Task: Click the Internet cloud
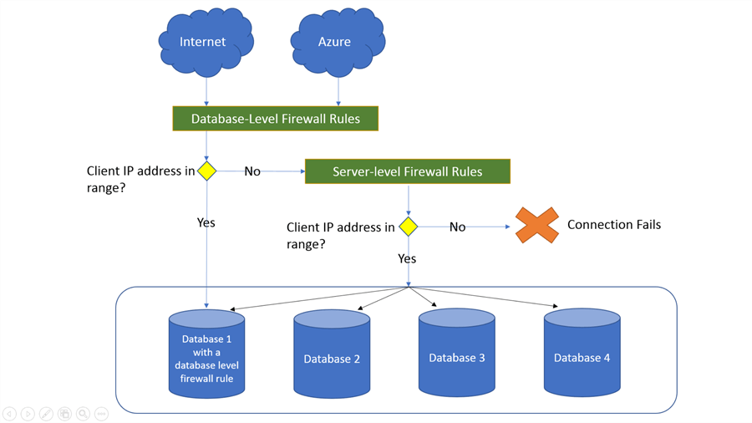point(205,42)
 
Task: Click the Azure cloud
point(336,42)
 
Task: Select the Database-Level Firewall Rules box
point(275,119)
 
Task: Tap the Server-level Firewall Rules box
point(407,171)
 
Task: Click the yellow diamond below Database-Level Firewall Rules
point(207,171)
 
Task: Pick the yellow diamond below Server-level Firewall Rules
point(408,227)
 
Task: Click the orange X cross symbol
point(536,225)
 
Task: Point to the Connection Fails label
point(613,224)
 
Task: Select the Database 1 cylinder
point(206,354)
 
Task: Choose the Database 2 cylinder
point(332,354)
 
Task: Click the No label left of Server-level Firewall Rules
point(252,171)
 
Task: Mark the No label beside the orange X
point(457,227)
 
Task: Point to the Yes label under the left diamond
point(206,222)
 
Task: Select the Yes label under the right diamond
point(407,258)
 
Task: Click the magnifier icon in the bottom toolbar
point(83,414)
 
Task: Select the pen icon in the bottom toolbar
point(46,414)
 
